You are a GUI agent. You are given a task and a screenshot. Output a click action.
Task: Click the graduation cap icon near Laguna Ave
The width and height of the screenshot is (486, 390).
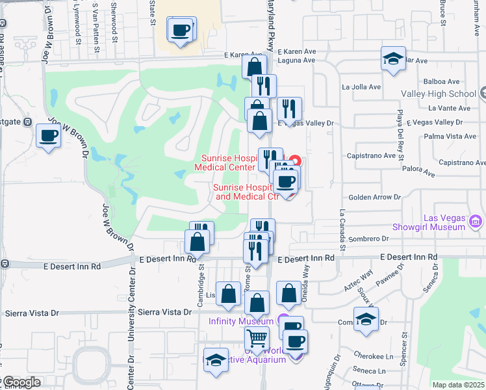point(393,58)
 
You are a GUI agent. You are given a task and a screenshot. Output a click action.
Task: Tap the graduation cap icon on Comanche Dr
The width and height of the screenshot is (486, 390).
point(366,319)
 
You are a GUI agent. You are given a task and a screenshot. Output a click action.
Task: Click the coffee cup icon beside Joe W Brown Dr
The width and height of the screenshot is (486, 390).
point(49,136)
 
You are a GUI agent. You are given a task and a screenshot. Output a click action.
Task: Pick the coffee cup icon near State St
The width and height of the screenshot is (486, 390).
point(181,29)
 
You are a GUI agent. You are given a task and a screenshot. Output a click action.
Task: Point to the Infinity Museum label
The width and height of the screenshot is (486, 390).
point(241,321)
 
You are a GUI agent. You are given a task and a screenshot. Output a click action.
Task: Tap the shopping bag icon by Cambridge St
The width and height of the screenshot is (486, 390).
point(197,242)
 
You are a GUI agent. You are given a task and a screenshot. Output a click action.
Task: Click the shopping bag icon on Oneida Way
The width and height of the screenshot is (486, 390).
point(288,293)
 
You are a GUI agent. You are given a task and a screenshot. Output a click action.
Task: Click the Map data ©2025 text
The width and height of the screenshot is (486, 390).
point(459,385)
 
